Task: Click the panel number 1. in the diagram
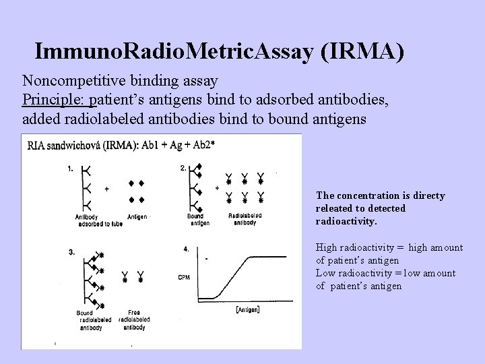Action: [x=71, y=170]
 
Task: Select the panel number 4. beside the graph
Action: [x=186, y=249]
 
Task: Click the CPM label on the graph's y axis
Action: [x=185, y=277]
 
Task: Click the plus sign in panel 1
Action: [x=107, y=189]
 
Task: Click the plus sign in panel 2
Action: [x=216, y=189]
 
